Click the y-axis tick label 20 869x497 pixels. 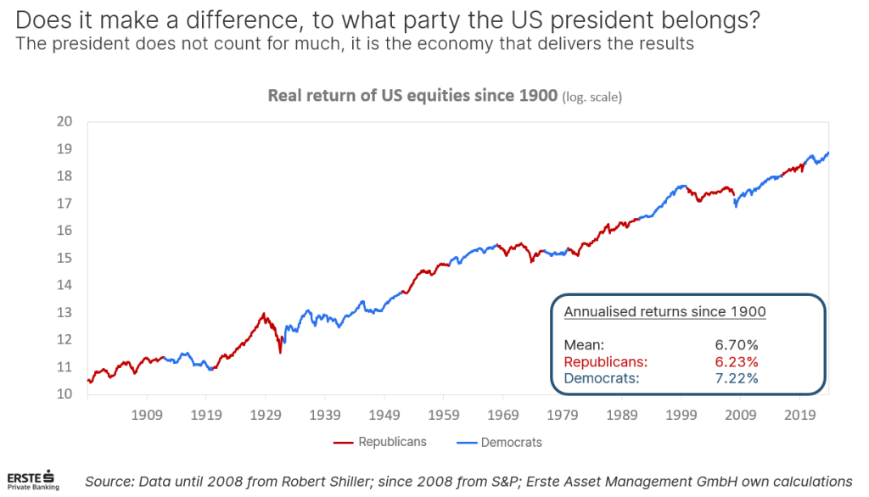pyautogui.click(x=64, y=122)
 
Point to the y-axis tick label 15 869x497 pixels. pyautogui.click(x=64, y=258)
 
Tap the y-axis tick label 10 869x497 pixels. pyautogui.click(x=64, y=394)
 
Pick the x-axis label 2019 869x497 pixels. pyautogui.click(x=799, y=416)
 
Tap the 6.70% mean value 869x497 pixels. pyautogui.click(x=736, y=345)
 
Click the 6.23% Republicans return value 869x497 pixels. pyautogui.click(x=736, y=361)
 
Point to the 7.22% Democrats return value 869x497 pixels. pyautogui.click(x=736, y=378)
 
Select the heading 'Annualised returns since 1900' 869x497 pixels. pyautogui.click(x=664, y=312)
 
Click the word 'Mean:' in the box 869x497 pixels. pyautogui.click(x=584, y=345)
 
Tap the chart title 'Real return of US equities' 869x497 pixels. pyautogui.click(x=412, y=96)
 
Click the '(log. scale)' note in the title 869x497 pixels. pyautogui.click(x=591, y=98)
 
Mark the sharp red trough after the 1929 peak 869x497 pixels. pyautogui.click(x=280, y=351)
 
